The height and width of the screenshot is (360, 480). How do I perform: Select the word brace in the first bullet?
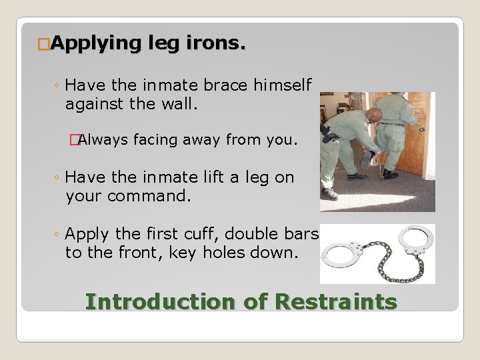click(x=223, y=85)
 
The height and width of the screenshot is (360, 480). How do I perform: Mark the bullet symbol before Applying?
click(x=44, y=45)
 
